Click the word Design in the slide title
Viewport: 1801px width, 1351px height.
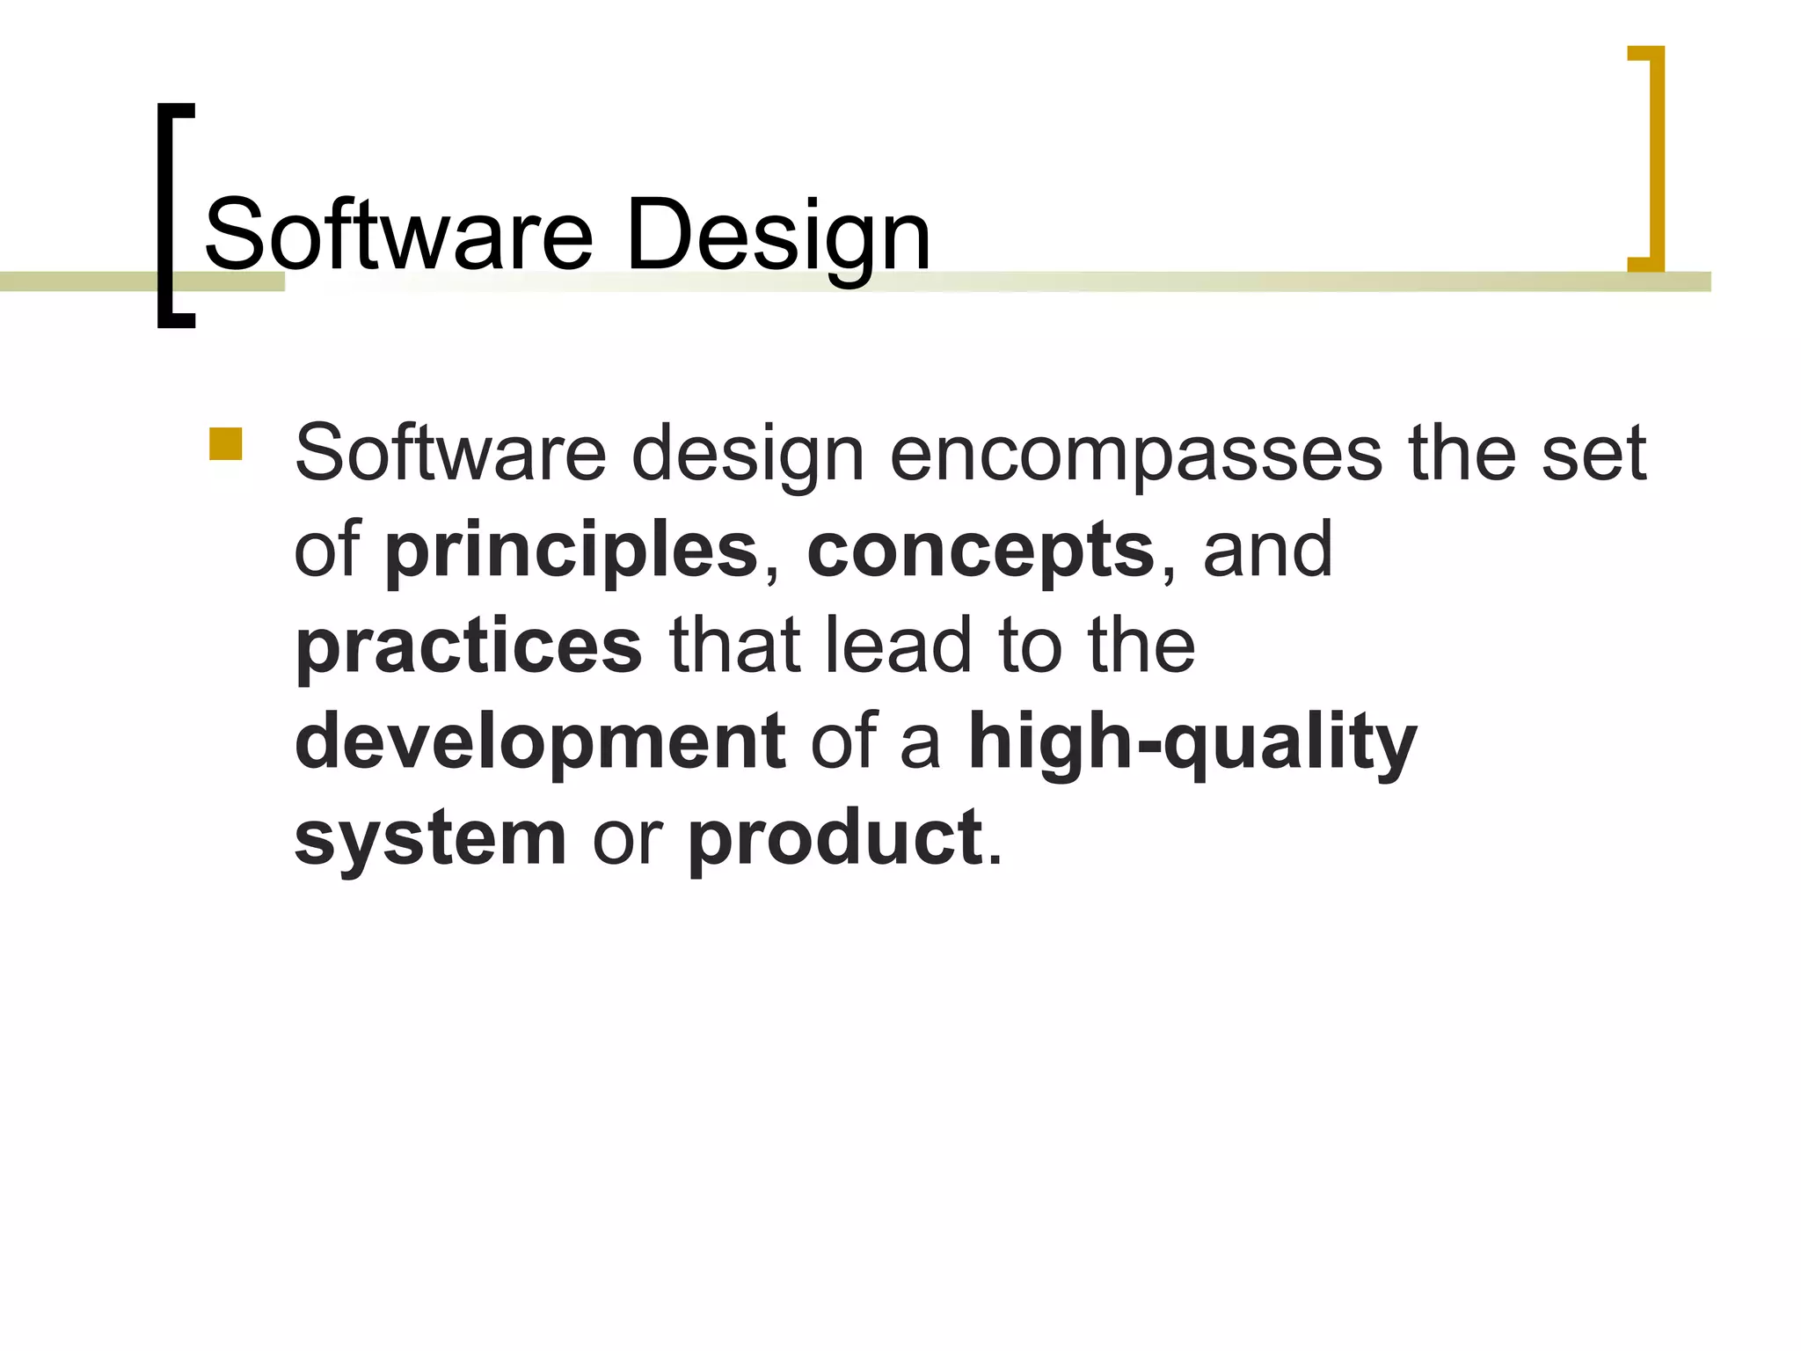click(x=777, y=236)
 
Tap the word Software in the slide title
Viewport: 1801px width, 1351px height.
click(x=398, y=236)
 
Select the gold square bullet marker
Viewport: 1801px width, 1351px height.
click(x=225, y=444)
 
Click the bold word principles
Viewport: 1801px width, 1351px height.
click(x=572, y=551)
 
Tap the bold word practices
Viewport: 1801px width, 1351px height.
click(x=469, y=646)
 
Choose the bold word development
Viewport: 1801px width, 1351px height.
click(x=540, y=741)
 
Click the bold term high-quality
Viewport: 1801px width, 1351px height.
click(x=1192, y=741)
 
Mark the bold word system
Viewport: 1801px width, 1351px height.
click(x=430, y=837)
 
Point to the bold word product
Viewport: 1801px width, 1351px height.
click(x=835, y=837)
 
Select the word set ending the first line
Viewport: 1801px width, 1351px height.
click(x=1593, y=454)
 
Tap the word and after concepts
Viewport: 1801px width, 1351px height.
click(x=1267, y=551)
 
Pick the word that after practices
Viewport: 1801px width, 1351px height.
click(x=734, y=646)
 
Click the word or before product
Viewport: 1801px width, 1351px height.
click(x=627, y=837)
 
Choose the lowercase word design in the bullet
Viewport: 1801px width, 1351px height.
click(x=747, y=454)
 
